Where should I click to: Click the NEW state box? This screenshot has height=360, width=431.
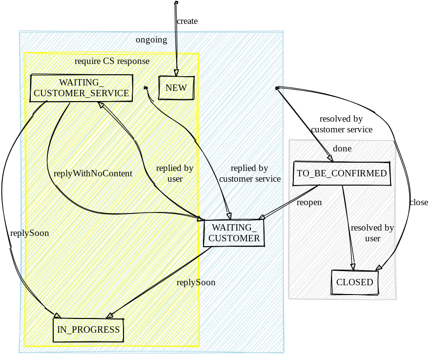click(x=176, y=88)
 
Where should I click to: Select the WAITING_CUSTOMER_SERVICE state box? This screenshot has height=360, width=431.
click(x=82, y=88)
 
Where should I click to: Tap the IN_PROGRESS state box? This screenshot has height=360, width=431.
click(x=88, y=330)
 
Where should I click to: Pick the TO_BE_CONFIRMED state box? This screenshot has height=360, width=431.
click(x=342, y=173)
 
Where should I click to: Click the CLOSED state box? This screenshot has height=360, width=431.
click(x=355, y=282)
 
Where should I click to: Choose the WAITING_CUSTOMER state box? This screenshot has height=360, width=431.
click(x=234, y=233)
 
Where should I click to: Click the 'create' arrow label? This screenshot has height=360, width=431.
click(x=187, y=21)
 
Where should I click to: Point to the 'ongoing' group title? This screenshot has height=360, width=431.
click(x=151, y=40)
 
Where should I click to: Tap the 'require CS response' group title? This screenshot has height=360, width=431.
click(x=112, y=61)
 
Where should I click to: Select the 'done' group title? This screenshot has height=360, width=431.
click(x=342, y=148)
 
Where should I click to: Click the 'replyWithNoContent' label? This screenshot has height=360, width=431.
click(x=93, y=173)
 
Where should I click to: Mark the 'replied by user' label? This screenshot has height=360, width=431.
click(x=175, y=173)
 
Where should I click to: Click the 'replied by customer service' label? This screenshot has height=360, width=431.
click(x=250, y=173)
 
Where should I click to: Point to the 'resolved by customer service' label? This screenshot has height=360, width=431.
click(x=342, y=124)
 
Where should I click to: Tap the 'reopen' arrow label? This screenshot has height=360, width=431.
click(x=309, y=202)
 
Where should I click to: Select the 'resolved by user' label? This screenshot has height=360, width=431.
click(x=372, y=233)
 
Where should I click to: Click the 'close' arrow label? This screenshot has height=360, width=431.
click(x=418, y=202)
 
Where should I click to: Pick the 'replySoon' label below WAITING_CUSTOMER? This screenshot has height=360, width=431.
click(x=196, y=282)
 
